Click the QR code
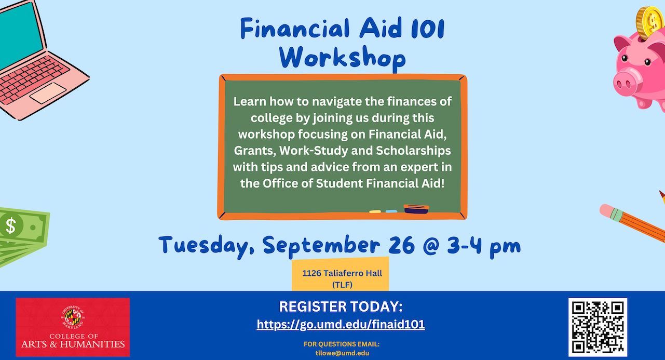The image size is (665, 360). pos(598,327)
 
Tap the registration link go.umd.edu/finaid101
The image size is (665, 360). pos(341,324)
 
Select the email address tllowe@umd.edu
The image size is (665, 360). pos(342,353)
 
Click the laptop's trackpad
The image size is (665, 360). pos(48,92)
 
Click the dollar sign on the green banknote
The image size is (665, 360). pos(11,225)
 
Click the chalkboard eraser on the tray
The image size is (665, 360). pos(416,209)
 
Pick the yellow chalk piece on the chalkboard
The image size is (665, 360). pos(375,212)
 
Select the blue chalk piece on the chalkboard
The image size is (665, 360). pos(391,211)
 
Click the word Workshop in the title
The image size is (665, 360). pos(342,58)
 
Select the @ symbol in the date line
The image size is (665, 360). pos(431,246)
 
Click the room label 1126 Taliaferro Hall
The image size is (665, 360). pos(342,273)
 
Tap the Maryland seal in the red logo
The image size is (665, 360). pos(73,317)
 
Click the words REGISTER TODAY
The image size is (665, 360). pos(341,307)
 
